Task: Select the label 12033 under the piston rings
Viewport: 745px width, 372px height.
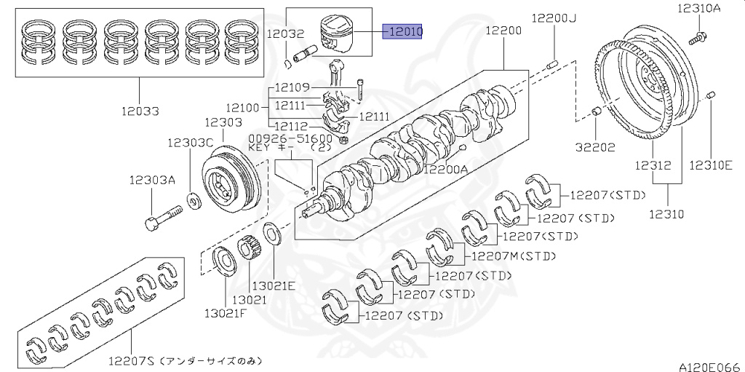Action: [140, 111]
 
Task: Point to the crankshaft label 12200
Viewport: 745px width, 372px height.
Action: [503, 31]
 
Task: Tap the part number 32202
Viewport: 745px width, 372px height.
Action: [596, 146]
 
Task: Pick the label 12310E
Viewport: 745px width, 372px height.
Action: [711, 165]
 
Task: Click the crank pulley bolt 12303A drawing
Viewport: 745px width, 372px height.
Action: [164, 216]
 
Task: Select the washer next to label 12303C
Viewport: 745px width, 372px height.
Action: [195, 199]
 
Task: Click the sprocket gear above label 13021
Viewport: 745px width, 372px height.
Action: [248, 248]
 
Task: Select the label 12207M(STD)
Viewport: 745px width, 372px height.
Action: [514, 256]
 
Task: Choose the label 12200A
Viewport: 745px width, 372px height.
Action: [446, 170]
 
